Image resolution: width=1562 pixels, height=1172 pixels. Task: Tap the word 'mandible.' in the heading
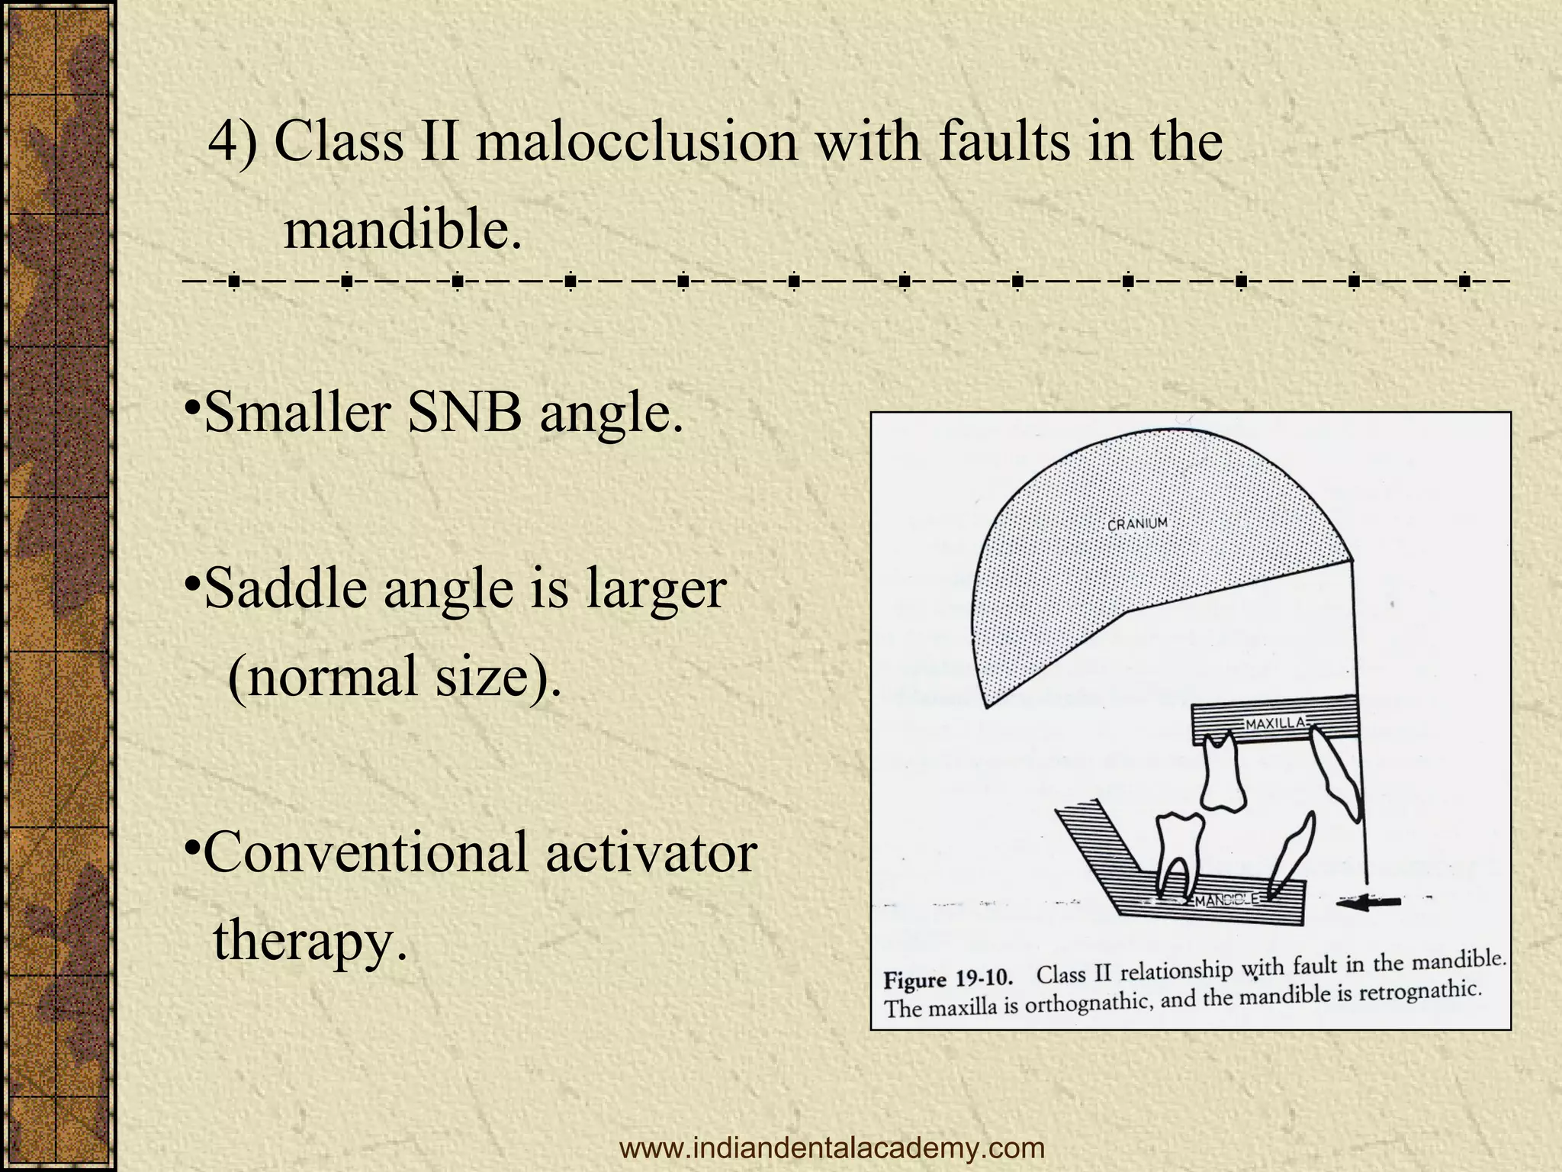(403, 229)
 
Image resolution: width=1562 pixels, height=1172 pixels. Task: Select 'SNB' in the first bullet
(464, 413)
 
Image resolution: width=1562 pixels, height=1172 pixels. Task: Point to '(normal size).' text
(394, 676)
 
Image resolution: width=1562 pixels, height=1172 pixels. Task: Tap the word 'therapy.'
(310, 940)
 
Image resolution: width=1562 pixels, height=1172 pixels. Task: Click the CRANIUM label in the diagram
(1136, 524)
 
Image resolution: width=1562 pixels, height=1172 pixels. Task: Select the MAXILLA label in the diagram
(1275, 723)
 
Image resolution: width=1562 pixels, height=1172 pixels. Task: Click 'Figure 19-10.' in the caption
(948, 980)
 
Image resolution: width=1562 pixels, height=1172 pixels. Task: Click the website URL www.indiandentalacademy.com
(832, 1147)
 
